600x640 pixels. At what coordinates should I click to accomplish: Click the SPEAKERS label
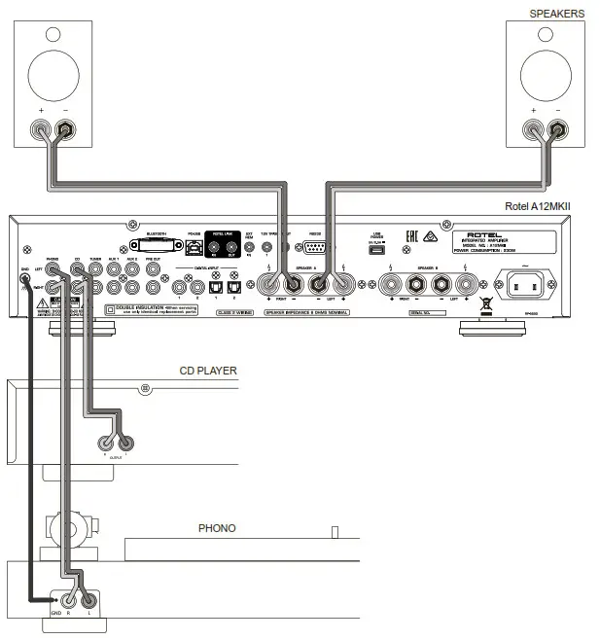[556, 14]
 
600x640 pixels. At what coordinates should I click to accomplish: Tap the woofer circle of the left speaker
[55, 74]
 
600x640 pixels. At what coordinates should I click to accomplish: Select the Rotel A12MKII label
[538, 206]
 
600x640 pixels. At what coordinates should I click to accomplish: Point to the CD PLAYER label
[208, 371]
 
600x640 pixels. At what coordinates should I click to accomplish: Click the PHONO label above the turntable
[217, 529]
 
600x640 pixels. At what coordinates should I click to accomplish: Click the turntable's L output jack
[88, 600]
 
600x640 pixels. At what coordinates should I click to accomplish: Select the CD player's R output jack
[106, 443]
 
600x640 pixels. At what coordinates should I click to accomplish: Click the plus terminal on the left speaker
[42, 127]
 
